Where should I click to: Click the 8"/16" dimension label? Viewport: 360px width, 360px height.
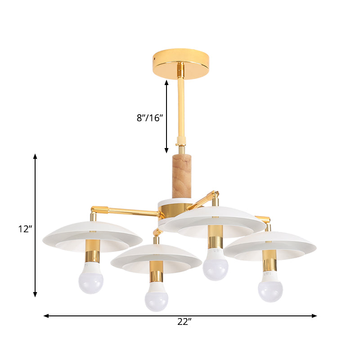(149, 118)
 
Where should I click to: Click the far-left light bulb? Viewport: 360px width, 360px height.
(91, 281)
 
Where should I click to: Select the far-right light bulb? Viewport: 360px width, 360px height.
(271, 290)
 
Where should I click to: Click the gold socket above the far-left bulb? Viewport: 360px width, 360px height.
(92, 255)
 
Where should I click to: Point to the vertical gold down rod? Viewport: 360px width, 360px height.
(180, 103)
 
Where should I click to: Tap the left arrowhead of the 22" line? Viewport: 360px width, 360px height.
(45, 316)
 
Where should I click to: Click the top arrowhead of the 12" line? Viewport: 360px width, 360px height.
(35, 156)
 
